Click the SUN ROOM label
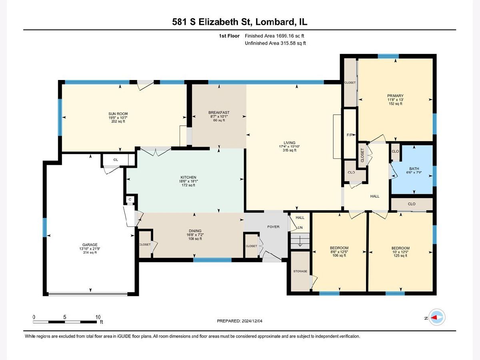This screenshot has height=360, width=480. (118, 114)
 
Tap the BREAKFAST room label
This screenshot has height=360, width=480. (219, 112)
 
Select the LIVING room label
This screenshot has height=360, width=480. (290, 142)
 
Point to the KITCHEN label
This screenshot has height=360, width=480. (188, 177)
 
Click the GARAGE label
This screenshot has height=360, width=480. (90, 244)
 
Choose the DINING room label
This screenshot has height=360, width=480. (195, 231)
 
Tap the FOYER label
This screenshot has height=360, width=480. (273, 227)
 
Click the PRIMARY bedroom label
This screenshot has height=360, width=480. (395, 96)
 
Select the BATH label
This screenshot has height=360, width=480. (414, 168)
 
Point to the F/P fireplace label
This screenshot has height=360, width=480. (350, 135)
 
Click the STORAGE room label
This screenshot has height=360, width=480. (300, 271)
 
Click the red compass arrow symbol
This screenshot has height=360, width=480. (435, 317)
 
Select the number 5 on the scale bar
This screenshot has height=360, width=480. (64, 317)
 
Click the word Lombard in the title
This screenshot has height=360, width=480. (275, 22)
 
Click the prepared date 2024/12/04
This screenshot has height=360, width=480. (252, 321)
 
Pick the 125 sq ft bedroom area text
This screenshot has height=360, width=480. (400, 256)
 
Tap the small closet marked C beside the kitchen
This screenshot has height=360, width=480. (130, 199)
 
